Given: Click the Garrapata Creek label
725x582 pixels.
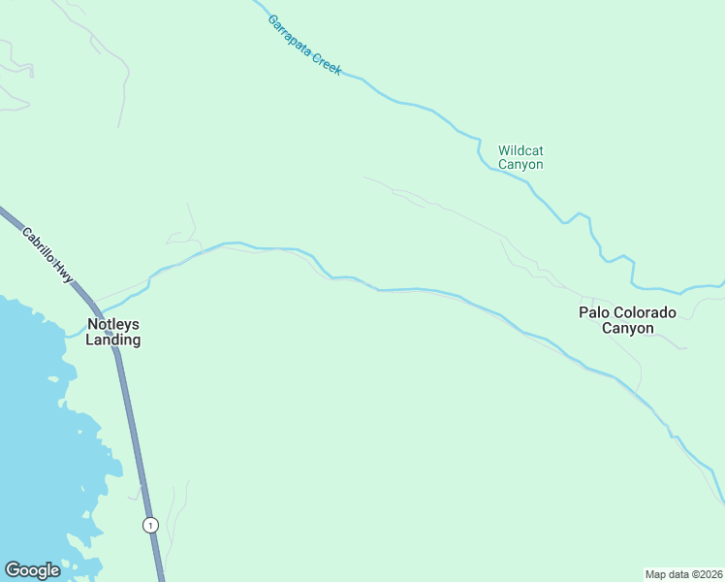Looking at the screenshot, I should (304, 46).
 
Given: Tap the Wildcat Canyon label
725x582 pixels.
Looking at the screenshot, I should (520, 157).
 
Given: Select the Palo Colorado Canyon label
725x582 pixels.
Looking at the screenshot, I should (628, 320).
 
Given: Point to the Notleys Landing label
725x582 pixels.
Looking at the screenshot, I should (113, 332).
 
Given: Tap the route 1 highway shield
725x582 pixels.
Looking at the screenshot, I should (149, 525).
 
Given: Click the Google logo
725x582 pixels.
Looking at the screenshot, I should (33, 570).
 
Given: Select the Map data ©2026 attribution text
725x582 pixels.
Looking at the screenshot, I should (683, 573).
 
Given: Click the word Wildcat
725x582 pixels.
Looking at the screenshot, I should (520, 150).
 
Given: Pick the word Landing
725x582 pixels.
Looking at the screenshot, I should (113, 340).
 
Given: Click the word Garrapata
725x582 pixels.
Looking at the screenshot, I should (291, 36).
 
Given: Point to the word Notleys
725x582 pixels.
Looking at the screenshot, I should (113, 324).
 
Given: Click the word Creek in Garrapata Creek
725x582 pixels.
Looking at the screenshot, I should (328, 63).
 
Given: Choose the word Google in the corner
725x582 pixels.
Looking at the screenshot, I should (33, 570).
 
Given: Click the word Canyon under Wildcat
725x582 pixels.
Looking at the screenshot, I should (520, 165).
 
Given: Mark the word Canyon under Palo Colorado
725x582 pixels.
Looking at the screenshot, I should (628, 328).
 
